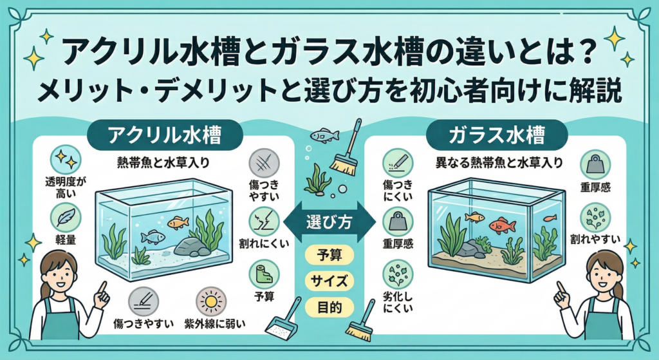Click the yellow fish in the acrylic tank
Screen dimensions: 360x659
[178, 222]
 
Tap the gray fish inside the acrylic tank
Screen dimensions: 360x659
[153, 237]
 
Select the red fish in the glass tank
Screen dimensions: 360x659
[502, 225]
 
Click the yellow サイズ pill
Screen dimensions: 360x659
[329, 281]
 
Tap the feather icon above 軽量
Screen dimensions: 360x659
[66, 217]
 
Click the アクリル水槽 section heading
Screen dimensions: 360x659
[156, 135]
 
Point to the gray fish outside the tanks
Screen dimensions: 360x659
[324, 135]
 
